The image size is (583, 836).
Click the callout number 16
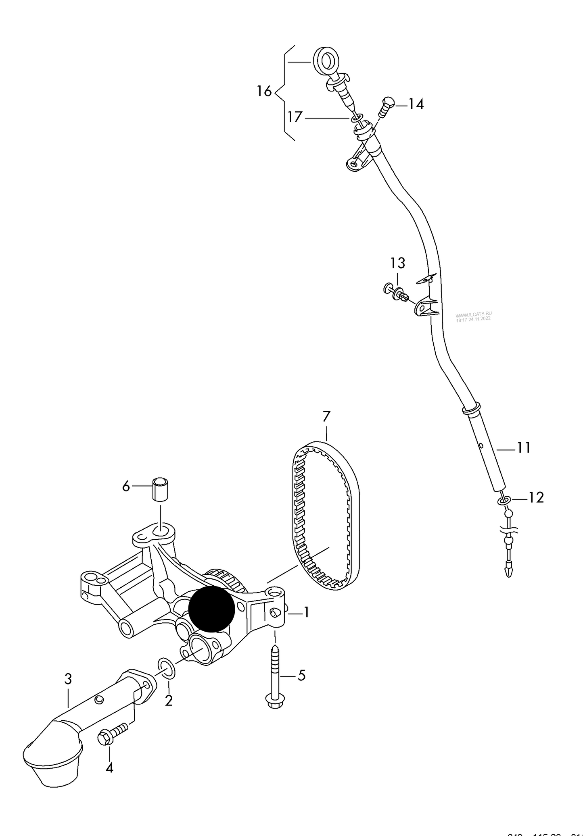pos(264,92)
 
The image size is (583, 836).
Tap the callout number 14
pos(416,104)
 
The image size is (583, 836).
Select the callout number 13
pos(397,263)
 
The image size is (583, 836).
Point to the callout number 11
pos(523,448)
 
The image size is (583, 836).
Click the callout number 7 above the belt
pos(326,416)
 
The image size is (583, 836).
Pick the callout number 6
pos(126,487)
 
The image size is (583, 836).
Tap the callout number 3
pos(68,679)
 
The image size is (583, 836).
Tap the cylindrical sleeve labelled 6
pos(161,489)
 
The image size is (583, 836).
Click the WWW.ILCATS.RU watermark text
pos(474,316)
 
